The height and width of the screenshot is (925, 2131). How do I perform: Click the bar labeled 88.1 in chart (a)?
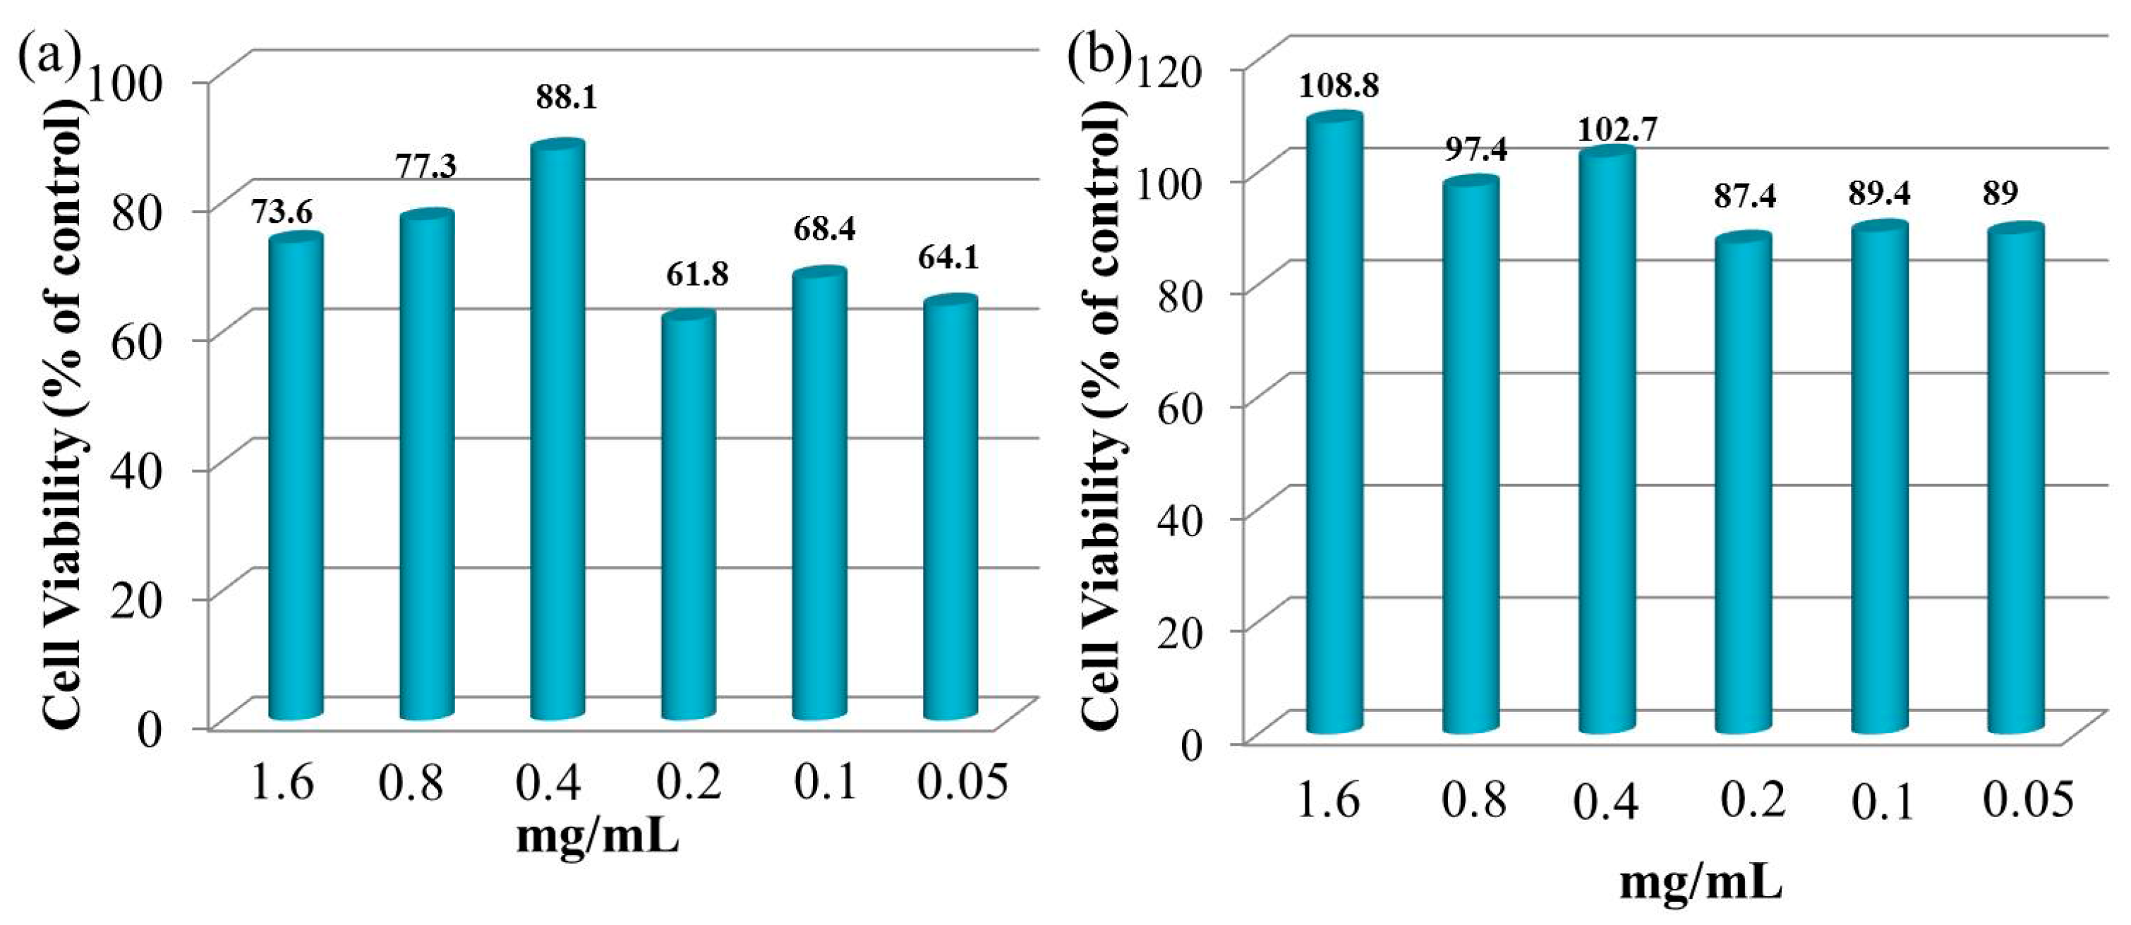point(557,430)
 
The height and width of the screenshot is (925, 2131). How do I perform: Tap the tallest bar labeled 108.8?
point(1334,422)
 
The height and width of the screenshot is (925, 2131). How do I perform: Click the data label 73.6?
point(282,214)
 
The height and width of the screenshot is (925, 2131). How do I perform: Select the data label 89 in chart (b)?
point(2000,193)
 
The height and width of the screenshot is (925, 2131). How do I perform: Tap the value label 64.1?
point(948,258)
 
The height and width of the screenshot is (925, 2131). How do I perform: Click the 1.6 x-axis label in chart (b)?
point(1327,800)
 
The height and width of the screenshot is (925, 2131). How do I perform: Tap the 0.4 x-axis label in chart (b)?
point(1606,802)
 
